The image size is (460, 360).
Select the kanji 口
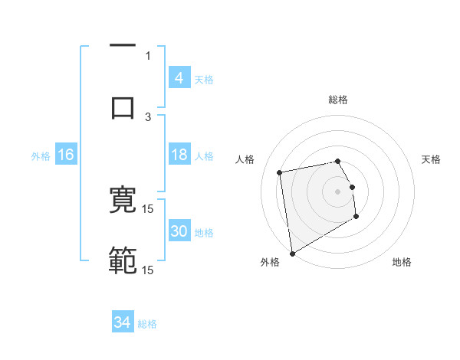123,108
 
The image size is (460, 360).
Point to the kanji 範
123,261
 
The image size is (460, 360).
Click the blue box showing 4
179,77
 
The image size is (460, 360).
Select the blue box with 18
179,155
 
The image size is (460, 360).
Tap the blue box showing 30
179,231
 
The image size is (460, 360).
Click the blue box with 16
66,155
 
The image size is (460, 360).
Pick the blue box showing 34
123,322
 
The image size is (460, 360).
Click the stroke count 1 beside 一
148,55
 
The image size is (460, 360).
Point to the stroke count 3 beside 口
148,116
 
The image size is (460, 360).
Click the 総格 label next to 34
147,324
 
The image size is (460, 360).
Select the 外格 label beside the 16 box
41,156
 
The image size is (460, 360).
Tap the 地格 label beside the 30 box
204,233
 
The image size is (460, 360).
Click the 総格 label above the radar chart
338,100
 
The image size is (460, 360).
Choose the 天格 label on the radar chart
431,159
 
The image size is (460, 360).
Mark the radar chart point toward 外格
292,253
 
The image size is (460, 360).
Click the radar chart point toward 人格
279,172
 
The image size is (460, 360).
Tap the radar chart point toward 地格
356,218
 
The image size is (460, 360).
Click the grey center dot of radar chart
337,191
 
